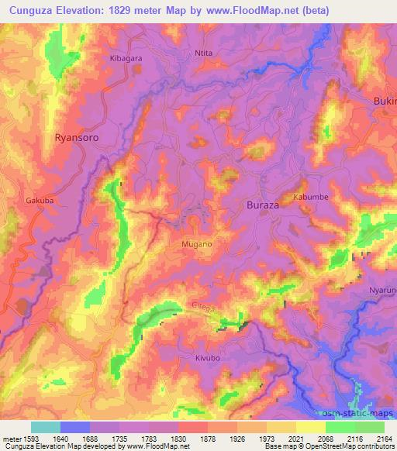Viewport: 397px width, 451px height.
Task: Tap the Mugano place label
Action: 197,243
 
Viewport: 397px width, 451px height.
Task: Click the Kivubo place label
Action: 199,359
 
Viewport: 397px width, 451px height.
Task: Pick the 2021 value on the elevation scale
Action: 295,439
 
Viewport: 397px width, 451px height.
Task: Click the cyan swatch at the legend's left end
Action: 46,427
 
